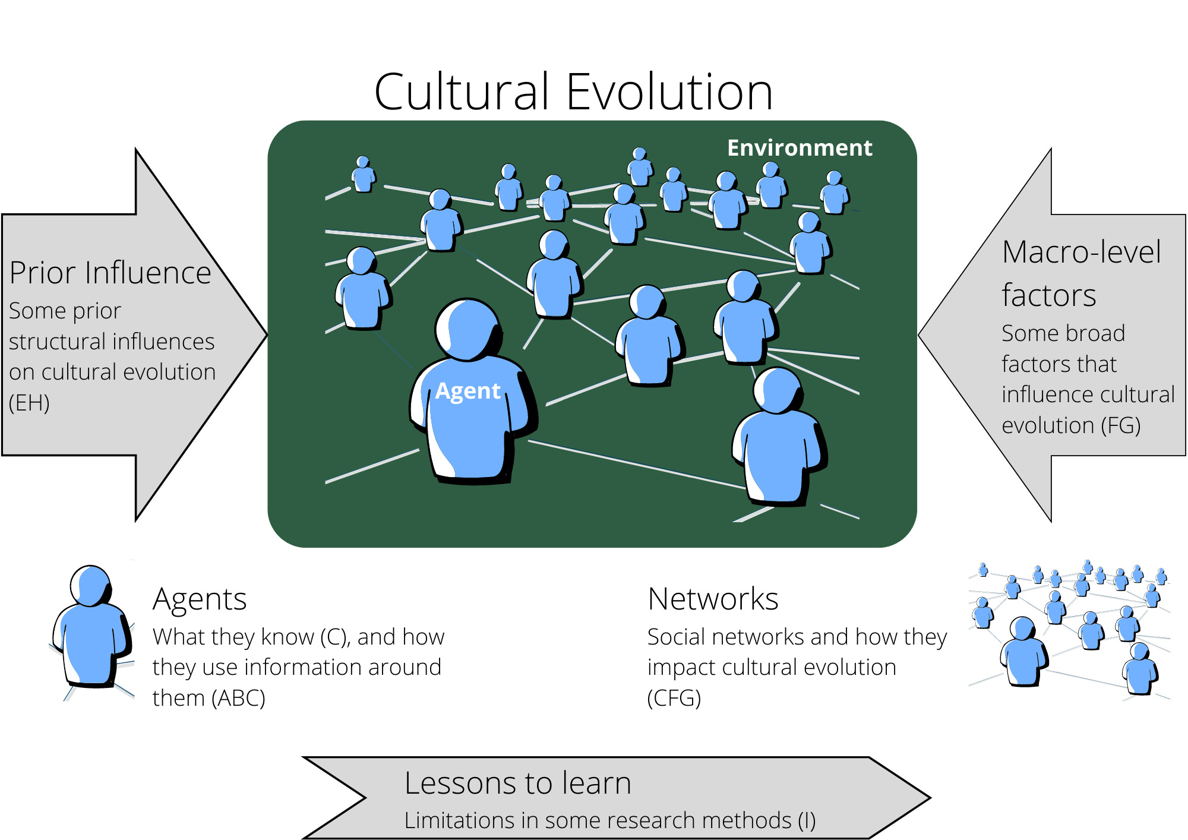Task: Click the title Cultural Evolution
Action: pos(573,92)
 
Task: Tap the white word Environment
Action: pos(800,148)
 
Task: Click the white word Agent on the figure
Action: pos(467,391)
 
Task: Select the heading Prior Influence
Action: pos(110,273)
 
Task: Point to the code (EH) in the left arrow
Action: pos(29,403)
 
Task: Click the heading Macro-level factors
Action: pos(1080,273)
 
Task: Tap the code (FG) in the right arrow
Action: pos(1121,425)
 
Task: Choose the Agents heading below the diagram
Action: pos(200,599)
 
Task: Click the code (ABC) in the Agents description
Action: pos(238,698)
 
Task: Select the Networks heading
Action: pos(713,599)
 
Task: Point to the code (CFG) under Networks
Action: pos(674,698)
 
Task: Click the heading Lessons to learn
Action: pos(517,783)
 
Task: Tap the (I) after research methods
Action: pos(807,820)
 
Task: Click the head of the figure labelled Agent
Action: pos(467,329)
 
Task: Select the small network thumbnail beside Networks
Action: pos(1069,630)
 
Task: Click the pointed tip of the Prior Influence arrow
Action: pos(265,335)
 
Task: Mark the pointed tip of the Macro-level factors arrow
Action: pos(921,335)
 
